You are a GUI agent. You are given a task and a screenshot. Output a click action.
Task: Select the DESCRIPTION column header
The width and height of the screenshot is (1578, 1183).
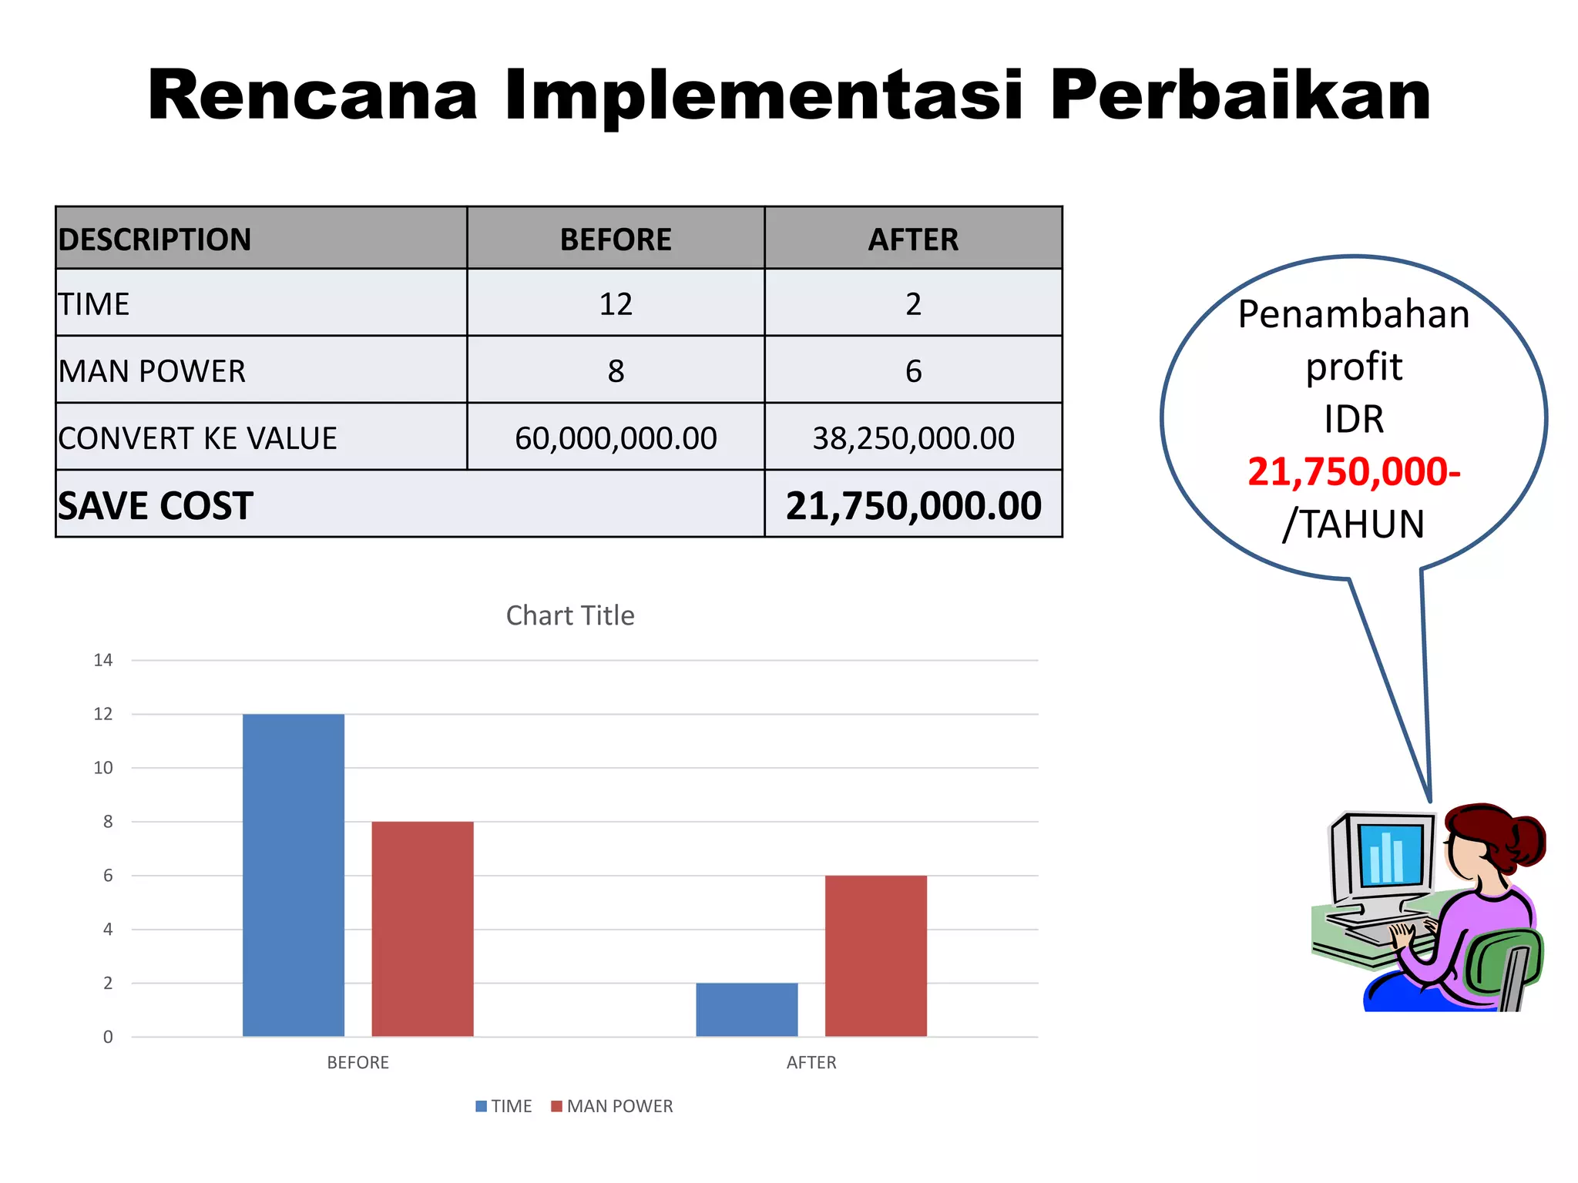click(155, 240)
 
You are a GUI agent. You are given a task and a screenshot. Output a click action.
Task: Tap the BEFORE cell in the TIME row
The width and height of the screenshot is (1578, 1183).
click(616, 304)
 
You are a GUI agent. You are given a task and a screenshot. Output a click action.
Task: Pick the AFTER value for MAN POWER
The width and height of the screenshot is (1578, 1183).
click(913, 371)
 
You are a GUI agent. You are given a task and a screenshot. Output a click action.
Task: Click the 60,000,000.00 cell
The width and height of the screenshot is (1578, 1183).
click(616, 438)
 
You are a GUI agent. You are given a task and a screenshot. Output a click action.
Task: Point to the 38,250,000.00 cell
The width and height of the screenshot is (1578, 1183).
click(913, 438)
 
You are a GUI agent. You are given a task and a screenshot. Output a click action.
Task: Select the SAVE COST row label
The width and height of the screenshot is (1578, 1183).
click(155, 506)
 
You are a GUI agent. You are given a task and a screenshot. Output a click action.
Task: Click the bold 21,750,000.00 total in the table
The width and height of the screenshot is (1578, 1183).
click(913, 506)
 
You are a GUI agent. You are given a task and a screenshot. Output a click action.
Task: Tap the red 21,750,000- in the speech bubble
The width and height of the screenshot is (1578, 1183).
click(1353, 471)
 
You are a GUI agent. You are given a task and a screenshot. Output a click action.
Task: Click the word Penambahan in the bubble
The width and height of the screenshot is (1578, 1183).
click(1353, 314)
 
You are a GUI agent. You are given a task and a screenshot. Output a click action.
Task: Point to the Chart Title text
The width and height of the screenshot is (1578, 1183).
click(570, 615)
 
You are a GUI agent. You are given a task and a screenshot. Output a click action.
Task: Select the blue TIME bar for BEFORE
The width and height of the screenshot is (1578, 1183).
click(293, 875)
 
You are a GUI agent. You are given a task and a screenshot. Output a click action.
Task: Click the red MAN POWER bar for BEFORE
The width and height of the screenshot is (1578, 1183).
click(422, 929)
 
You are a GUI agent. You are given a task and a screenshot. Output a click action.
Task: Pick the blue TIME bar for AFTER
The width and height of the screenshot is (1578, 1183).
click(746, 1010)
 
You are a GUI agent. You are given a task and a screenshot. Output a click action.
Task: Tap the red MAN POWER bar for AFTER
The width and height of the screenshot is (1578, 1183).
click(875, 956)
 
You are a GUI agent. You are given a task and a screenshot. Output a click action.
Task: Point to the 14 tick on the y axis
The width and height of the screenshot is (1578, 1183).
click(103, 660)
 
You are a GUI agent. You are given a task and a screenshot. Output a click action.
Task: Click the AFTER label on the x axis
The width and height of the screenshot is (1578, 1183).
click(811, 1063)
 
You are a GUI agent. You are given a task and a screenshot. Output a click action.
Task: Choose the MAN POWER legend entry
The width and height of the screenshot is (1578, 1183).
click(612, 1106)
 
